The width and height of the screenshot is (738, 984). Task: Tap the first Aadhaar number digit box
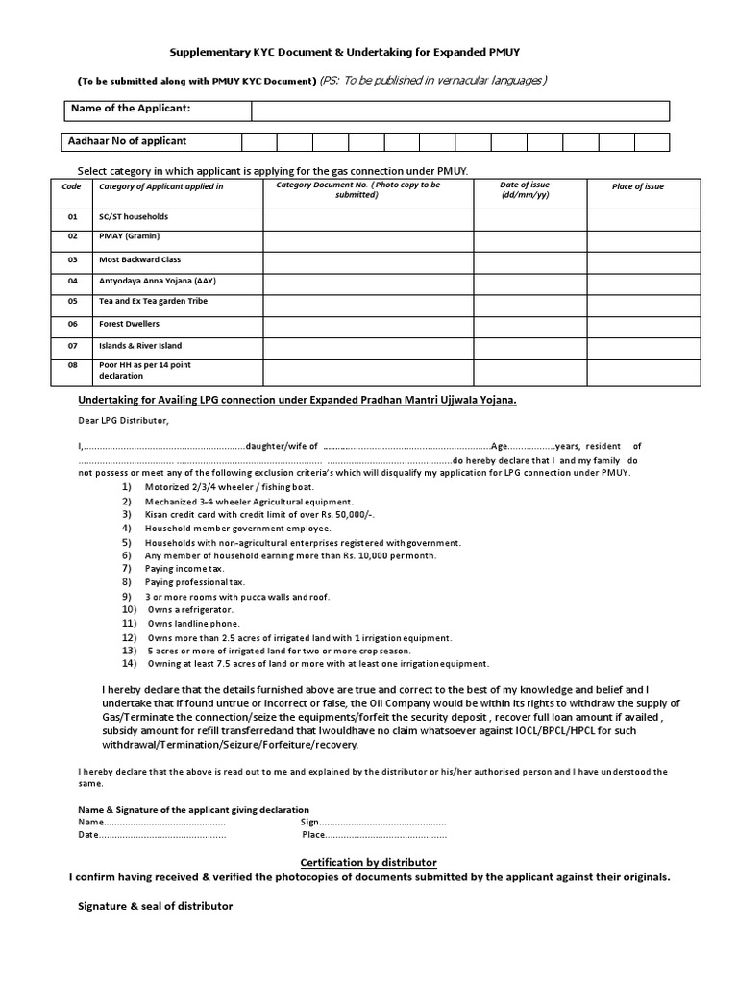258,142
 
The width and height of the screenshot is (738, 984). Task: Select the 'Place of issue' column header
638,186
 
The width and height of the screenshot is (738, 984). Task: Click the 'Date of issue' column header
529,189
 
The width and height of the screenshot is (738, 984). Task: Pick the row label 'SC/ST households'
134,217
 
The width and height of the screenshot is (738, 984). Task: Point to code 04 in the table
72,281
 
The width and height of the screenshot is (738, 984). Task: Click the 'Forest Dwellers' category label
130,324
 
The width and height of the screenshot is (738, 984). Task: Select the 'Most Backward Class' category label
139,259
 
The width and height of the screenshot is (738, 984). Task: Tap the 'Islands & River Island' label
140,345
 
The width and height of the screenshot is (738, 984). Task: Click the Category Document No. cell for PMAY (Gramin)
368,239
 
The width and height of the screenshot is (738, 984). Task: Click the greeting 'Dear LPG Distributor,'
123,421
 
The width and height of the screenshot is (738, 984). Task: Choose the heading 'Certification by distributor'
369,862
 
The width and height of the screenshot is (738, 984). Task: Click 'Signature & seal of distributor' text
155,906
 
